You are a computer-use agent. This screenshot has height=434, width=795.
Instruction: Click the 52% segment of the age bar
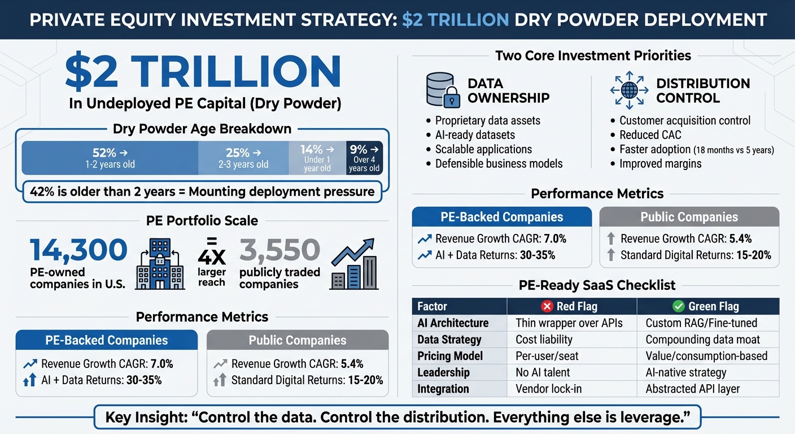click(110, 158)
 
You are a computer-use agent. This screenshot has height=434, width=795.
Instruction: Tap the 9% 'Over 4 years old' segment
click(364, 158)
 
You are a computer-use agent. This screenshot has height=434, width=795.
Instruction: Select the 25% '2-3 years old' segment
click(243, 158)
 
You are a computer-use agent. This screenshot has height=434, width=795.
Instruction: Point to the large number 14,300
click(78, 250)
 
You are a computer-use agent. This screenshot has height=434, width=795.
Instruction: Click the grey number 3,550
click(279, 250)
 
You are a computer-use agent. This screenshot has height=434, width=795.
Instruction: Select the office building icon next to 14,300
click(160, 264)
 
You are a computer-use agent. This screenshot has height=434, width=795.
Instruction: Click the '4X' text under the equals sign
click(212, 257)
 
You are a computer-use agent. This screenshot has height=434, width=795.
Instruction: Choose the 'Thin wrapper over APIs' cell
click(569, 323)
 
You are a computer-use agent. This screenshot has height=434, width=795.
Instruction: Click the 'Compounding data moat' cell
click(702, 340)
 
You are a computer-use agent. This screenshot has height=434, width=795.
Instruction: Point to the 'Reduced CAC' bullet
click(650, 135)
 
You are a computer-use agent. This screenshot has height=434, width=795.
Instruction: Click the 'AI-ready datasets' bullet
click(475, 135)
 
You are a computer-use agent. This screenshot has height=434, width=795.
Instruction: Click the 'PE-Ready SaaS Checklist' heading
click(597, 285)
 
